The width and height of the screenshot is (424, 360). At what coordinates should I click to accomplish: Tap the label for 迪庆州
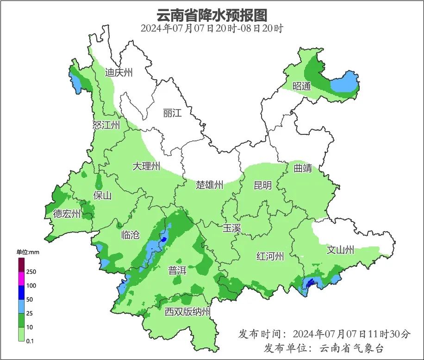pos(118,73)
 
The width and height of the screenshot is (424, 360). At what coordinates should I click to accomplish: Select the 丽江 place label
pos(172,114)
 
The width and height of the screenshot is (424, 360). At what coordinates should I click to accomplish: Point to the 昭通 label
pos(302,86)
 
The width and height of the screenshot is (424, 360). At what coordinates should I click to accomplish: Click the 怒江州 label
pos(106,125)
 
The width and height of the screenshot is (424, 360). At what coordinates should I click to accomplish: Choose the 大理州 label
pos(146,166)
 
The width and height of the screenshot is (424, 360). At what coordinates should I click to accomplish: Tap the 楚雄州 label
pos(209,185)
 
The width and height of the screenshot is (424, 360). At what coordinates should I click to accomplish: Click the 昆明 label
pos(263,185)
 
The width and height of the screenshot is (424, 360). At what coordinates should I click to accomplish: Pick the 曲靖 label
pos(303,168)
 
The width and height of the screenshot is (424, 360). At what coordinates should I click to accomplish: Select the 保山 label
pos(102,196)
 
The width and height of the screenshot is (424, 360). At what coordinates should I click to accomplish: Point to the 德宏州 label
pos(67,214)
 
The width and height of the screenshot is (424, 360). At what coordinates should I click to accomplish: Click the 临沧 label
pos(130,235)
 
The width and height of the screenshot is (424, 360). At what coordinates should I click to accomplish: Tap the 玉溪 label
pos(231,228)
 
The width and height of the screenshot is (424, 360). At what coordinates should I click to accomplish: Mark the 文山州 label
pos(340,250)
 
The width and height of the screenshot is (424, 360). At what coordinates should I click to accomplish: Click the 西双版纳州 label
pos(187,312)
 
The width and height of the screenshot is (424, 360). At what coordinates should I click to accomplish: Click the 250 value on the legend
pos(31,272)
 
